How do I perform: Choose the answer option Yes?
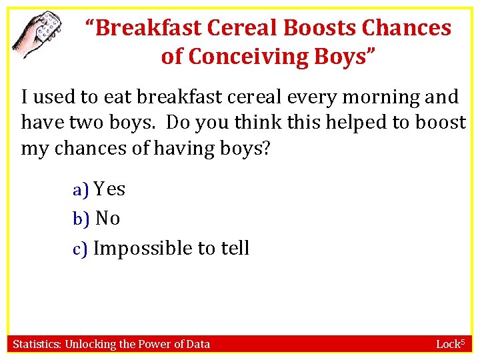tap(109, 189)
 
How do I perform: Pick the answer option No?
tap(108, 219)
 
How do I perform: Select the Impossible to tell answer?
tap(171, 249)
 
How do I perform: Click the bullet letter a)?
tap(81, 190)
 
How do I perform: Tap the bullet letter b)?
tap(81, 219)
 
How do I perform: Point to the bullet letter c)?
tap(81, 249)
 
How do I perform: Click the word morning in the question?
tap(377, 97)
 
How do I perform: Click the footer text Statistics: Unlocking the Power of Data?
tap(111, 344)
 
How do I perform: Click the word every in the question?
tap(313, 97)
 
